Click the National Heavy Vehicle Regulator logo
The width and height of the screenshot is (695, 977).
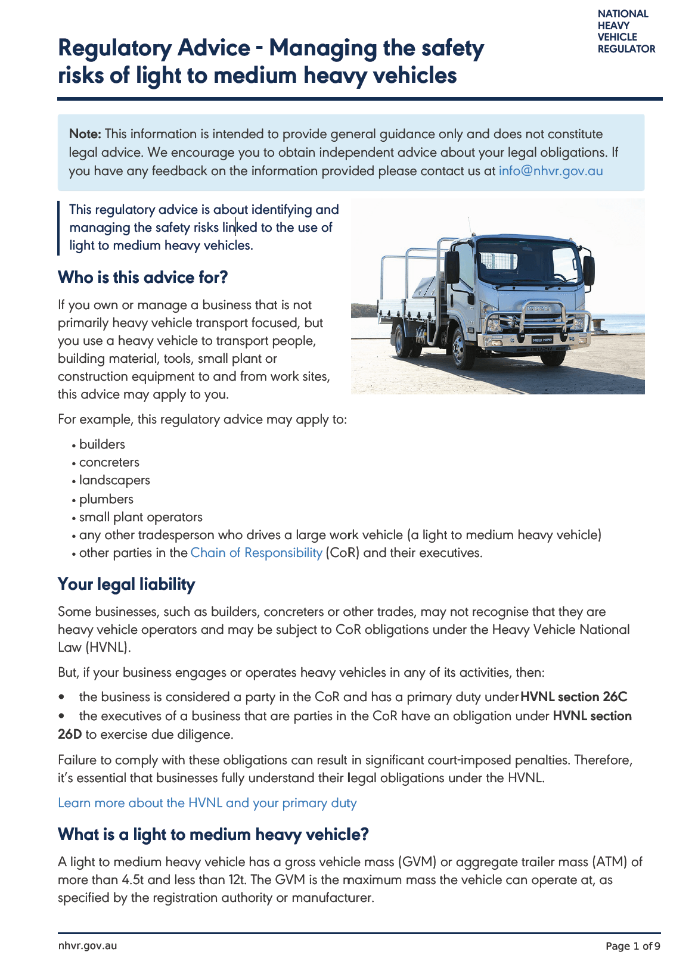[x=626, y=31]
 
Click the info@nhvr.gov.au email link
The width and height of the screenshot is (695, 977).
[x=551, y=171]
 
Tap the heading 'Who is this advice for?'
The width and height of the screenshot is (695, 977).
[x=143, y=278]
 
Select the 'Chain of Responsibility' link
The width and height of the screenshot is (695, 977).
[x=256, y=553]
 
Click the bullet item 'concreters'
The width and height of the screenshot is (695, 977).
[x=109, y=462]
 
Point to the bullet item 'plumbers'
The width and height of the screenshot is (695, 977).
[x=106, y=499]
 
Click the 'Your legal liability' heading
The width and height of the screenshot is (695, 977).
[x=126, y=584]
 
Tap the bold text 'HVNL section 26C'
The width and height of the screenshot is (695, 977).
[x=574, y=697]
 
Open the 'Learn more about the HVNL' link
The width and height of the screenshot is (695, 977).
[x=207, y=803]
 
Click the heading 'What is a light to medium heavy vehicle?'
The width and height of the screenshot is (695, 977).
[x=213, y=835]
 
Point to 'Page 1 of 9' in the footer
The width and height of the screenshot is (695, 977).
[x=632, y=946]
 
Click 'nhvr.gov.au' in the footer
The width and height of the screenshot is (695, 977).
[x=88, y=946]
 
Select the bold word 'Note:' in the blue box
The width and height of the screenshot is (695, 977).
[x=85, y=134]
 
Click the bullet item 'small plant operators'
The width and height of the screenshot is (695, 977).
[x=141, y=517]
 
